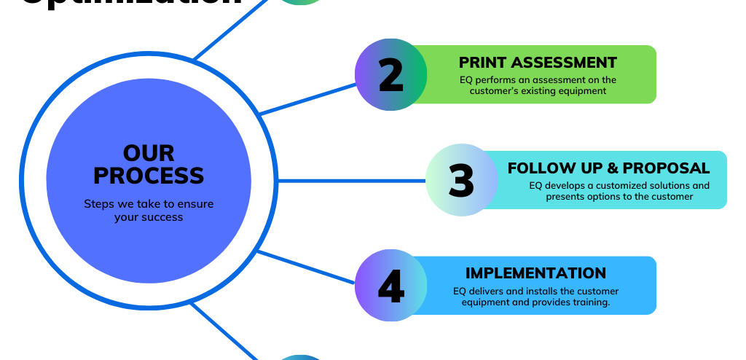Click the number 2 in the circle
click(x=391, y=76)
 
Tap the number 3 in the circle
click(x=461, y=181)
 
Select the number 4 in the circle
click(x=391, y=286)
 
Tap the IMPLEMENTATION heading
click(x=535, y=273)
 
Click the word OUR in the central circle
click(x=149, y=153)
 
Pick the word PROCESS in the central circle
click(x=149, y=176)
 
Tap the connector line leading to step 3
click(x=350, y=180)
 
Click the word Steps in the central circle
click(x=98, y=204)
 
